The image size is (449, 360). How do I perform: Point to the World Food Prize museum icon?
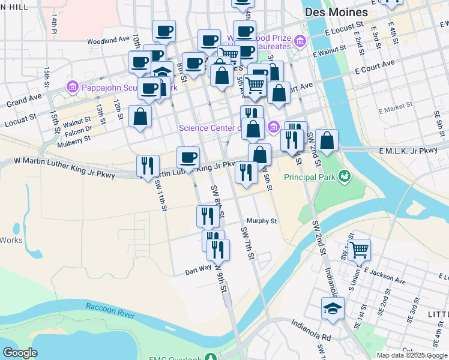300,41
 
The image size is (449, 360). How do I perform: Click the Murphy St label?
261,221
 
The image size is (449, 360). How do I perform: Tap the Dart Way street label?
198,270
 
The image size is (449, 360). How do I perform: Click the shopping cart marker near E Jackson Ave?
359,249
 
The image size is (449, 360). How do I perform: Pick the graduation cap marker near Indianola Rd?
332,308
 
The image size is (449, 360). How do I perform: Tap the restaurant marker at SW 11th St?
148,166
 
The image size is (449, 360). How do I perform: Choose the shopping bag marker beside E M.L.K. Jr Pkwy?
327,141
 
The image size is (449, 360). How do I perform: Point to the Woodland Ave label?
108,40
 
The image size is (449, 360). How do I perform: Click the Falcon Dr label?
79,128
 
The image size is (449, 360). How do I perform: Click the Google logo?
20,353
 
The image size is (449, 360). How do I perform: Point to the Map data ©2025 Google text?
411,355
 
